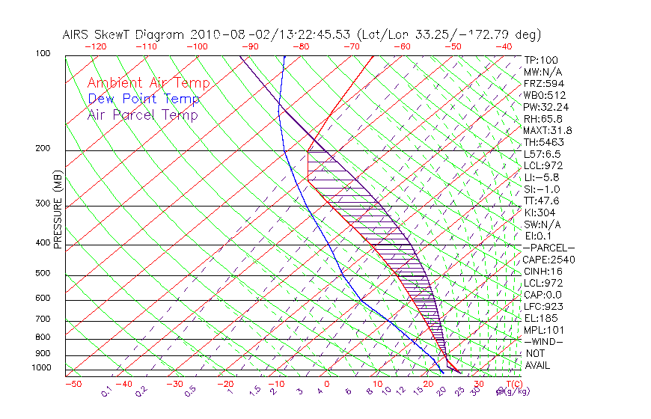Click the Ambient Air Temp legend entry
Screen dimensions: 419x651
148,83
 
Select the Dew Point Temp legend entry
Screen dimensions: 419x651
144,99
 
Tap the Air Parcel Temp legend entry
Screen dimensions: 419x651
142,114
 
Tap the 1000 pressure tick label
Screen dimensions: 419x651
43,368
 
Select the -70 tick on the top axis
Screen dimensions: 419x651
351,46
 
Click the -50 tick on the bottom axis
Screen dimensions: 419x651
73,385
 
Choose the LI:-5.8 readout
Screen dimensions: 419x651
541,177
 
